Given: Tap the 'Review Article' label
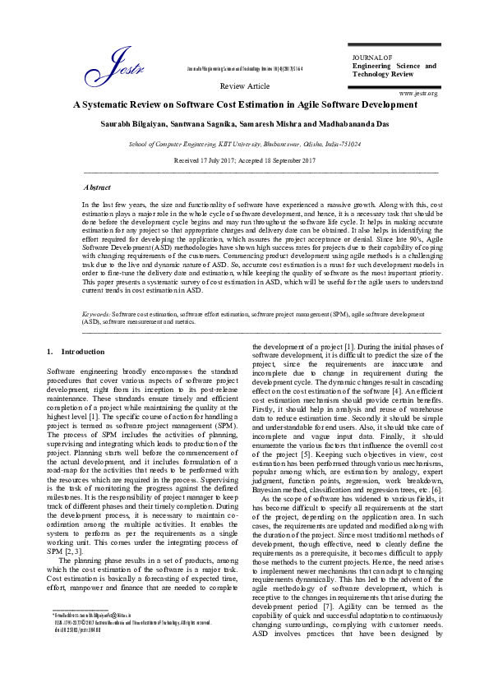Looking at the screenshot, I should click(245, 85).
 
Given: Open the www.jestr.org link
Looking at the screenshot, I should click(417, 94).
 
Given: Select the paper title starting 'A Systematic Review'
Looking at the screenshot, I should click(245, 104).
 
